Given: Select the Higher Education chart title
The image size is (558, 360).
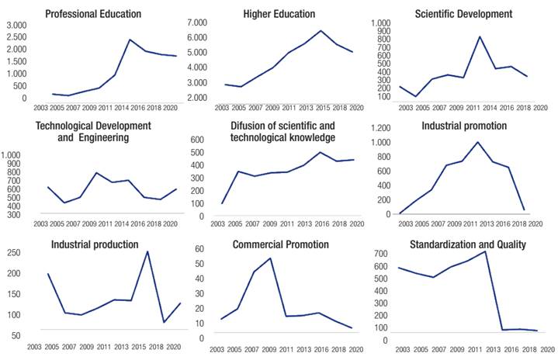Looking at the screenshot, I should [x=279, y=14].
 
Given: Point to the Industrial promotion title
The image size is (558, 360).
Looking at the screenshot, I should [x=464, y=126].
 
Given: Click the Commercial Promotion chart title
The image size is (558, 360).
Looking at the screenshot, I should [x=280, y=245].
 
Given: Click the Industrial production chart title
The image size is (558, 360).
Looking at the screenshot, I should [x=95, y=245].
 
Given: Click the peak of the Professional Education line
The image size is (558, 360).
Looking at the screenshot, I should [x=130, y=40].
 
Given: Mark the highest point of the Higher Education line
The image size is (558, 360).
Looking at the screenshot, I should [x=321, y=31].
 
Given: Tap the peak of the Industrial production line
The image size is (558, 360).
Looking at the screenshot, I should [x=147, y=251].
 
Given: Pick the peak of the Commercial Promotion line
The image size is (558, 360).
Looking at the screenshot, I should [x=270, y=258].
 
